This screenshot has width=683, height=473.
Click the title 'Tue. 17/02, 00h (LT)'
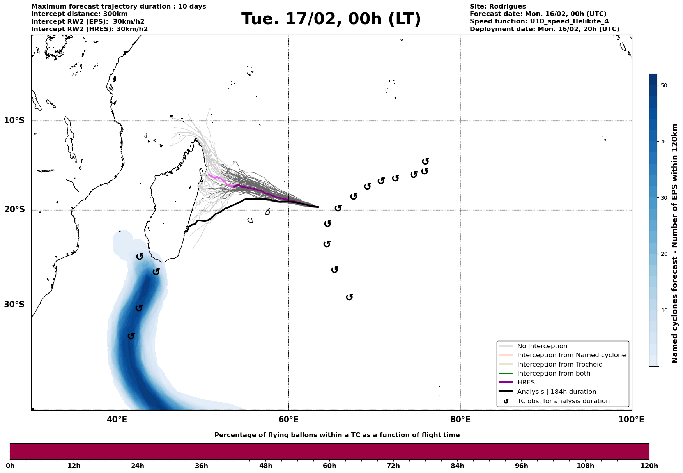point(331,19)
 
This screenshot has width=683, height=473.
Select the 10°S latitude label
point(14,120)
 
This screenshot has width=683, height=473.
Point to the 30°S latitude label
point(14,305)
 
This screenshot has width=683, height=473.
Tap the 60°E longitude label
point(288,420)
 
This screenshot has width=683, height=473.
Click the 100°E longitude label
point(631,420)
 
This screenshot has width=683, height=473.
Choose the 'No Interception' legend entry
point(542,346)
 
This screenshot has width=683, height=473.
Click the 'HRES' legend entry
point(526,383)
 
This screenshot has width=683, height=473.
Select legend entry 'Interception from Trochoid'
point(559,365)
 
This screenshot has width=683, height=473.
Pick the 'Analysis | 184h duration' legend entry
point(556,392)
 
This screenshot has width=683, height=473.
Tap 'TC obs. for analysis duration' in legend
point(563,401)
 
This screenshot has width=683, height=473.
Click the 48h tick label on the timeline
point(265,466)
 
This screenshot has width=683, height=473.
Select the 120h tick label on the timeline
point(649,466)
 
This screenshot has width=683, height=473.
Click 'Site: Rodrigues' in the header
point(497,7)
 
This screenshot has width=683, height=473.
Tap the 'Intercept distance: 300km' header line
point(79,14)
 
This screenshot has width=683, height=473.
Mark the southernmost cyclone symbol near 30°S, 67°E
point(350,297)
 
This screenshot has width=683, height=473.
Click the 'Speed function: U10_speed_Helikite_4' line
point(539,21)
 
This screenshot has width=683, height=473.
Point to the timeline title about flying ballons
point(337,435)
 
